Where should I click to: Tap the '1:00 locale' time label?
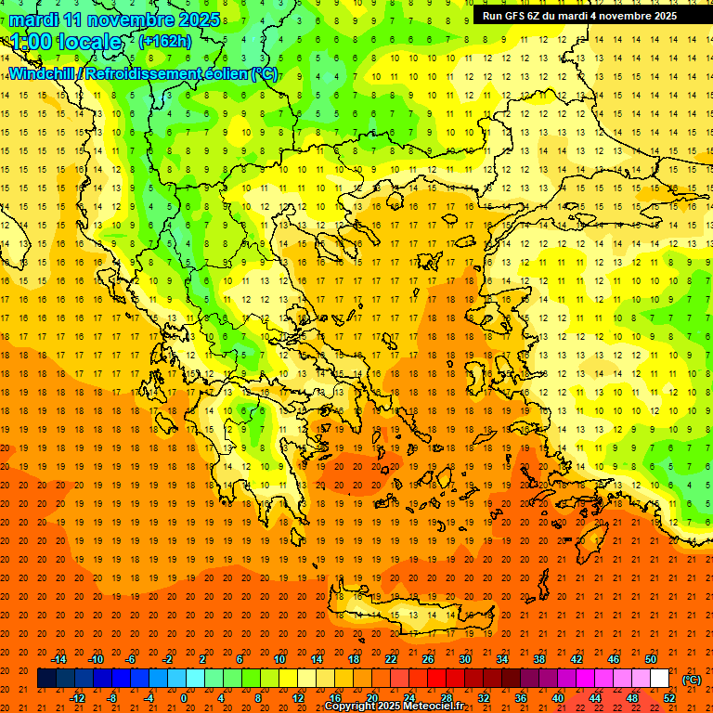point(66,42)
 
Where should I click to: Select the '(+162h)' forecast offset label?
point(165,42)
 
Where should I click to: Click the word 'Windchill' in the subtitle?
point(41,73)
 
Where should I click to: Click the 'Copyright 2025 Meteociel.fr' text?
point(394,707)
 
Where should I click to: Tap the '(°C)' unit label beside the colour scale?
point(692,679)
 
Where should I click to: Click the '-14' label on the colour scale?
point(58,659)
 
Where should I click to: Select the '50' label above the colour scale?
point(651,659)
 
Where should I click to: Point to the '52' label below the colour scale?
point(669,697)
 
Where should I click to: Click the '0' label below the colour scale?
point(184,697)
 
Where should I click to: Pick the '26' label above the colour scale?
point(428,659)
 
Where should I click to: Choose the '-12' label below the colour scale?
point(77,697)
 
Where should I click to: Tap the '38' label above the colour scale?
point(539,659)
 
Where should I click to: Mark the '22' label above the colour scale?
point(391,659)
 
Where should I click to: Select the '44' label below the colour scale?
point(595,697)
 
